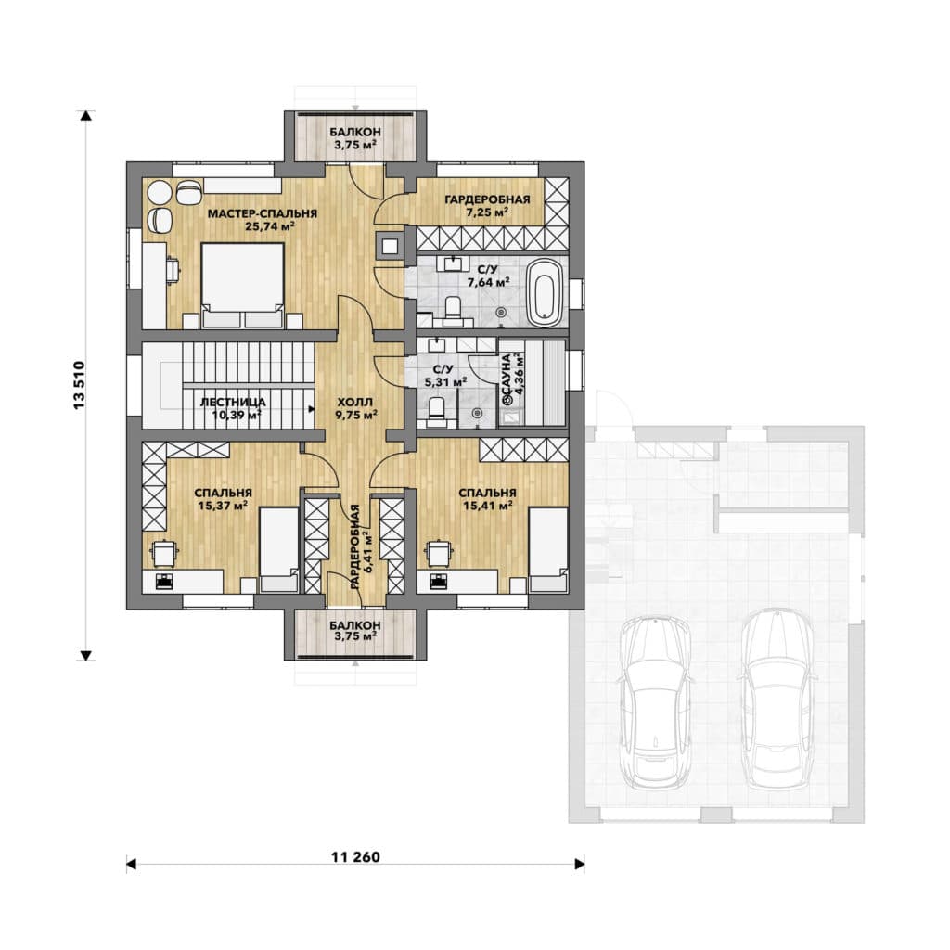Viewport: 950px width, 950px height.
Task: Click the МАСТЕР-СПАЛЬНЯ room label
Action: (x=263, y=213)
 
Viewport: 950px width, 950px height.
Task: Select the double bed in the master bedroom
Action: (x=242, y=286)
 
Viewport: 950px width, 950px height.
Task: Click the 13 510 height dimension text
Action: (x=79, y=385)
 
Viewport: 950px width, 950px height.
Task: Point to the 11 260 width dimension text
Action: (x=355, y=856)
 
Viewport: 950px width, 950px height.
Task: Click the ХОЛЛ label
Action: (x=355, y=403)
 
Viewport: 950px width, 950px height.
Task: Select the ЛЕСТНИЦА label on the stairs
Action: (x=233, y=403)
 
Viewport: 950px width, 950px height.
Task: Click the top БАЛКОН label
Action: (x=355, y=132)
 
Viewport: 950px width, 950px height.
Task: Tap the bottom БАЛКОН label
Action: (x=355, y=624)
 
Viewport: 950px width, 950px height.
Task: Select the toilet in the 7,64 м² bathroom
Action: (x=453, y=306)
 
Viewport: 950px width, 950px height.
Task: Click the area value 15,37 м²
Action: (x=223, y=506)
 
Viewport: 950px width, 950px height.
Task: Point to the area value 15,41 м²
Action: (x=488, y=506)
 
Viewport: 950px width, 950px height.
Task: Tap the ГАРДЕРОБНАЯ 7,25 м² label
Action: (x=487, y=205)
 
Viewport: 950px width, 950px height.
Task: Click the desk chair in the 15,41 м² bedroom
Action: (x=439, y=551)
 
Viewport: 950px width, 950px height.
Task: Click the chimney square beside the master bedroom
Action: (x=389, y=246)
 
